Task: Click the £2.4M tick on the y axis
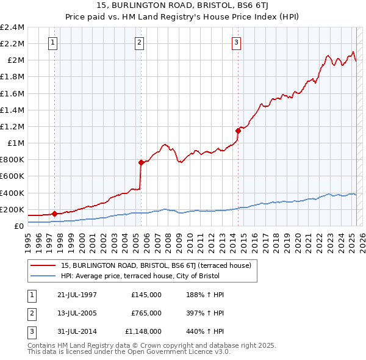pos(13,27)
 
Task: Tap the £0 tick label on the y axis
pos(20,226)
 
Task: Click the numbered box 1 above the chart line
pos(54,43)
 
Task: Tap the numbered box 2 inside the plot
pos(140,43)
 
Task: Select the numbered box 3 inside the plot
pos(236,43)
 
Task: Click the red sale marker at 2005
pos(141,162)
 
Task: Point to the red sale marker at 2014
pos(238,130)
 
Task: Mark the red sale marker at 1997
pos(54,214)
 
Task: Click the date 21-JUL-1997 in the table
pos(77,295)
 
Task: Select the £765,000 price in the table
pos(146,313)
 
